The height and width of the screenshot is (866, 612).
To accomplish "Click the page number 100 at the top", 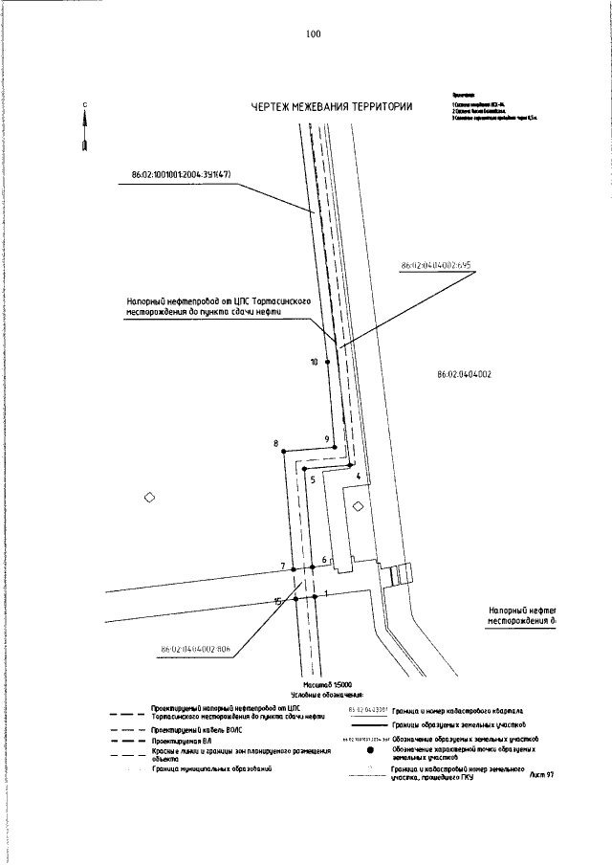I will [x=314, y=33].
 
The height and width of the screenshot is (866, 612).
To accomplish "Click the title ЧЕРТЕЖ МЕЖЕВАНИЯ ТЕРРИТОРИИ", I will [x=332, y=106].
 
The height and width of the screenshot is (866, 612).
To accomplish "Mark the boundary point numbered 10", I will [x=328, y=362].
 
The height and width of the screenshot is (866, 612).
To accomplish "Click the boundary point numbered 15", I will [x=295, y=598].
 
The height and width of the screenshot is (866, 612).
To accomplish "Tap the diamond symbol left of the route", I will [x=148, y=498].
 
